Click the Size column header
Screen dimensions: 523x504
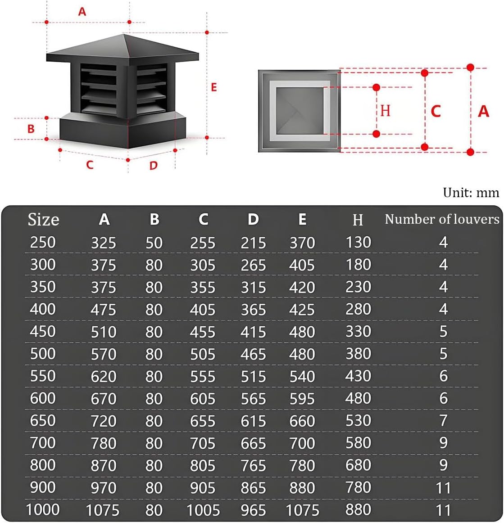[x=43, y=220]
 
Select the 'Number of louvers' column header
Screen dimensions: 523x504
[x=442, y=219]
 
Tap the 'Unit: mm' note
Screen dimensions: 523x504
[x=471, y=193]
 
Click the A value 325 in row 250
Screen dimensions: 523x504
[x=104, y=243]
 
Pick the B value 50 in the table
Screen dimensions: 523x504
[x=154, y=243]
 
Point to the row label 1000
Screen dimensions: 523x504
[x=43, y=509]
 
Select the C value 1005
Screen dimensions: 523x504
[x=203, y=510]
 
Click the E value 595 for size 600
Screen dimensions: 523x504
[x=302, y=398]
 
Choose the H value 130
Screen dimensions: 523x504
[x=358, y=242]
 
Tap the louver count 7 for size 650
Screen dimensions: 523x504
[x=443, y=420]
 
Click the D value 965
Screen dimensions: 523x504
[x=253, y=510]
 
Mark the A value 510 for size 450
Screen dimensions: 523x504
[x=104, y=332]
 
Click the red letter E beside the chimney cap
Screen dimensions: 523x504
[x=214, y=87]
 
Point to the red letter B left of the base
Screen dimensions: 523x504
[x=31, y=129]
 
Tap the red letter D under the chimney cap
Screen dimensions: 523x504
[x=154, y=165]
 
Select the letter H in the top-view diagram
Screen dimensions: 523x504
[x=385, y=110]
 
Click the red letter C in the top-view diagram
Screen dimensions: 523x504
[x=436, y=111]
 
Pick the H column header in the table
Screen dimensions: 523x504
[x=358, y=220]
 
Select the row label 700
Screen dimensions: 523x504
[x=43, y=442]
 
